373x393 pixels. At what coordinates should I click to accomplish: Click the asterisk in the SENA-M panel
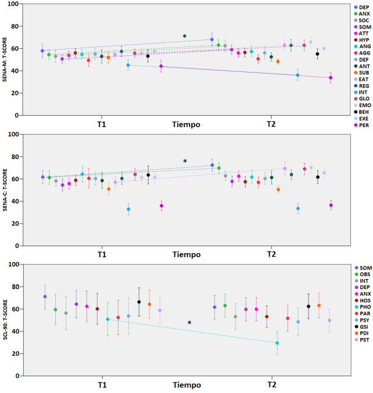[185, 37]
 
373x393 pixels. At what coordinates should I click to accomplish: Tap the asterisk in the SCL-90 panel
[189, 323]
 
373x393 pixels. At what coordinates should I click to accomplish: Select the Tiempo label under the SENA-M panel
[186, 124]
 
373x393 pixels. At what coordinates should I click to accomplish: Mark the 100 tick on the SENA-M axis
[14, 5]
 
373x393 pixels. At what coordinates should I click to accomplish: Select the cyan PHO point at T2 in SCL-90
[277, 343]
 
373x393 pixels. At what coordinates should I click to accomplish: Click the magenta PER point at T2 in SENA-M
[331, 78]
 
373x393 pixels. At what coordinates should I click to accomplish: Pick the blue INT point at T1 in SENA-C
[128, 209]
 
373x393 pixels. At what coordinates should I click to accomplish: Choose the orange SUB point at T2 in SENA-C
[278, 190]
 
